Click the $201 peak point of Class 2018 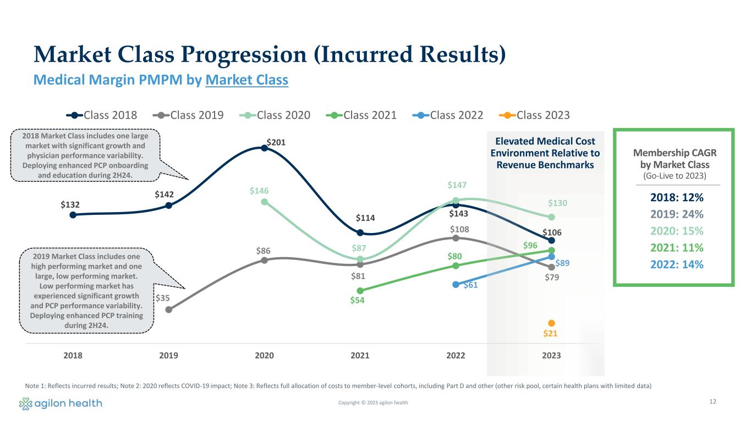[x=265, y=148]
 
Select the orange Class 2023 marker [x=551, y=323]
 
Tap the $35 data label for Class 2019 [x=162, y=298]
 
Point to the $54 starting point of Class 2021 [x=360, y=291]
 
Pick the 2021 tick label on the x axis [x=360, y=356]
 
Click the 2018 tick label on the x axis [x=73, y=356]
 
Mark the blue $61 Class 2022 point [x=456, y=285]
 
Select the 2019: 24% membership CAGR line [x=674, y=214]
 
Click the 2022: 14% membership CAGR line [x=674, y=264]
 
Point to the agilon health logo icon [x=25, y=404]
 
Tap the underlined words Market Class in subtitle [x=246, y=80]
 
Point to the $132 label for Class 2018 [x=70, y=204]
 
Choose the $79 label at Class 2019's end [x=552, y=278]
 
